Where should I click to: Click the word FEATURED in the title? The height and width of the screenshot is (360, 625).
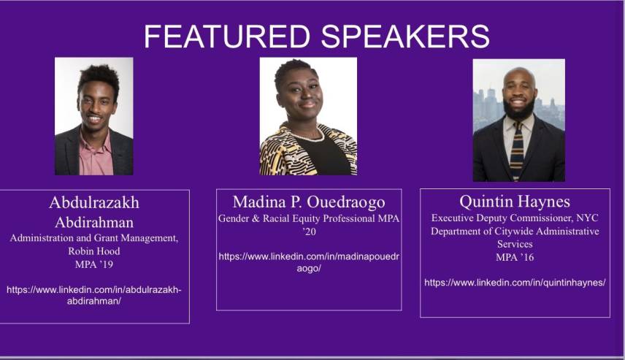click(227, 37)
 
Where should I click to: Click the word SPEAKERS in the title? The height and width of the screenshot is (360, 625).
click(405, 37)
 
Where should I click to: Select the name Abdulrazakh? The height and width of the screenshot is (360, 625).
click(94, 202)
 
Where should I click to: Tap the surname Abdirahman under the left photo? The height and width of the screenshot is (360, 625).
click(94, 222)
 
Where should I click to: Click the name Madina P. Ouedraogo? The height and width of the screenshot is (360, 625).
click(309, 202)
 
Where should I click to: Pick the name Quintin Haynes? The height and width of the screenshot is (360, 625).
click(515, 202)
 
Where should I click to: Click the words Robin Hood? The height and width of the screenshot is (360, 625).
click(94, 251)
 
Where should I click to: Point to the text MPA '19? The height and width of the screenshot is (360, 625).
click(94, 264)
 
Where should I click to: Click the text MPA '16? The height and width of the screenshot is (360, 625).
click(515, 257)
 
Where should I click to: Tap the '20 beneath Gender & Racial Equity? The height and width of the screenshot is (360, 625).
click(309, 231)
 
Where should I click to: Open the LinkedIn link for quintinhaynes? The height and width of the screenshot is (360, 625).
click(515, 283)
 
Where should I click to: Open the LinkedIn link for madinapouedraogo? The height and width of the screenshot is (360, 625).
click(309, 262)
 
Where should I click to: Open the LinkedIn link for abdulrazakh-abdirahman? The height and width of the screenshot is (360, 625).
click(94, 295)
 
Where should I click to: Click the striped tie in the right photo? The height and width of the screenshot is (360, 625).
click(517, 150)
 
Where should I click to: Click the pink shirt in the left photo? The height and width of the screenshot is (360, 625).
click(96, 155)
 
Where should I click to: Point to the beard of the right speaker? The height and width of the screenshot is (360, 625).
click(519, 109)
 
